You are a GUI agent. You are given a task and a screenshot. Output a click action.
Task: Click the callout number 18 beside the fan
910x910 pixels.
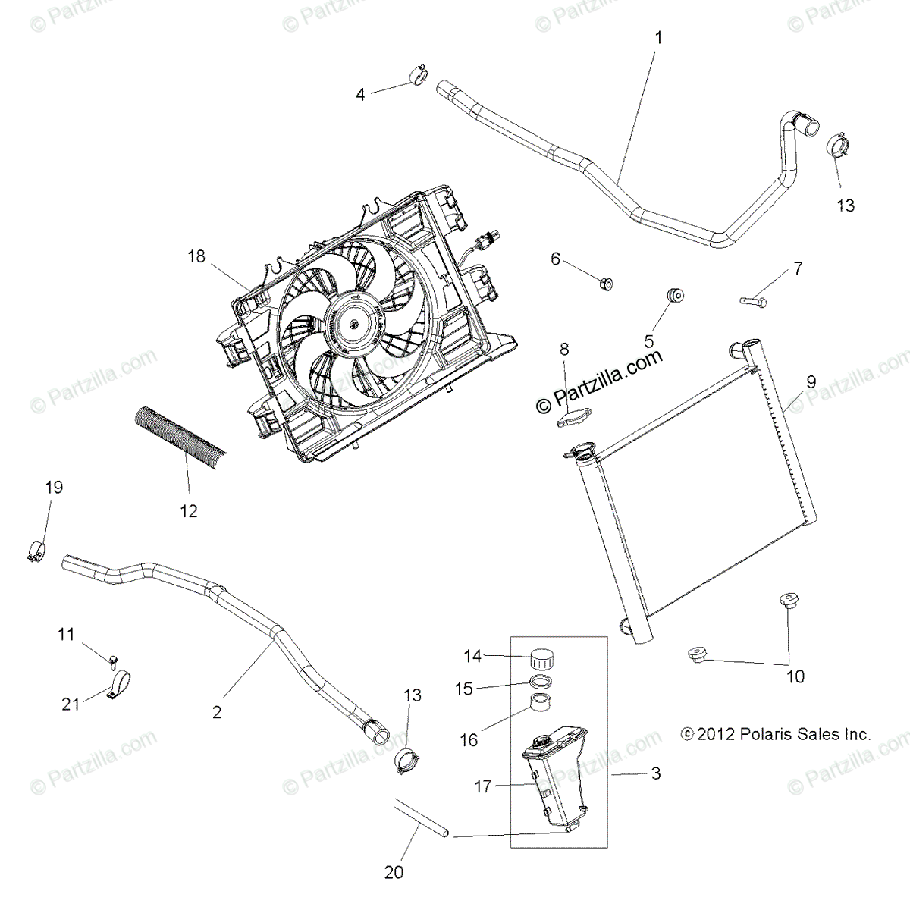[x=196, y=256]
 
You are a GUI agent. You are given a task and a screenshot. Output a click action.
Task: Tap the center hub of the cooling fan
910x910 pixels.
[x=353, y=323]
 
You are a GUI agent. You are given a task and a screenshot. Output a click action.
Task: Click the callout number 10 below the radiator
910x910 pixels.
[x=795, y=676]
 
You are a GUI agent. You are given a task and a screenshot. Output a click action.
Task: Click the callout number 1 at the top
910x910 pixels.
[x=658, y=36]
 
